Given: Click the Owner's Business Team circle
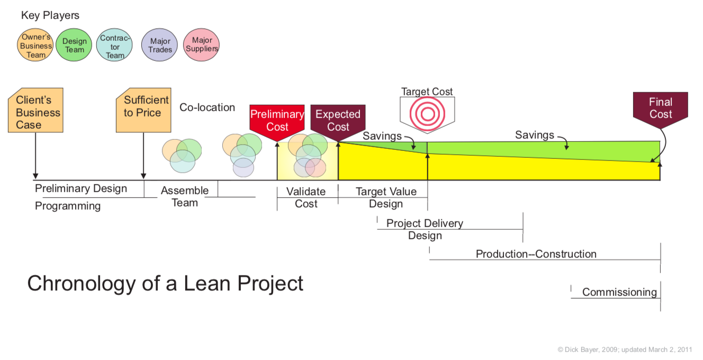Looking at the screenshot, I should pos(37,46).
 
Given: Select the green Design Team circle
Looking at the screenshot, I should pos(74,46).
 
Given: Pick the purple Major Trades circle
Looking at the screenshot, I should pos(160,46).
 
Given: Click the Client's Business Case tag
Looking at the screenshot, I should pos(35,111).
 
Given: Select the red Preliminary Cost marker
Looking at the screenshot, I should pos(277,121).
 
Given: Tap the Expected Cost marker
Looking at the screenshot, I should pos(338,121).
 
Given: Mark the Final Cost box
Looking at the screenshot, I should pos(660,108).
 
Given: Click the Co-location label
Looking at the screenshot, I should pos(207,107).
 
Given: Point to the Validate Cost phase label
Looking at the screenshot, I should pos(306,197).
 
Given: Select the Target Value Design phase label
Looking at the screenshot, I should pos(386,197).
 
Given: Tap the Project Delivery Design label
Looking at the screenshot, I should pos(425,229).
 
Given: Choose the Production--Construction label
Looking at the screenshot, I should pos(536,254).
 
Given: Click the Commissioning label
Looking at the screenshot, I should pos(619,292).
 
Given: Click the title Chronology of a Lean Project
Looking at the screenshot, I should pos(165,284).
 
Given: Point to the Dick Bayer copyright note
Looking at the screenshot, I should pos(625,349).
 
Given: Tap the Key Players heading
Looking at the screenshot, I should pos(50,15).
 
